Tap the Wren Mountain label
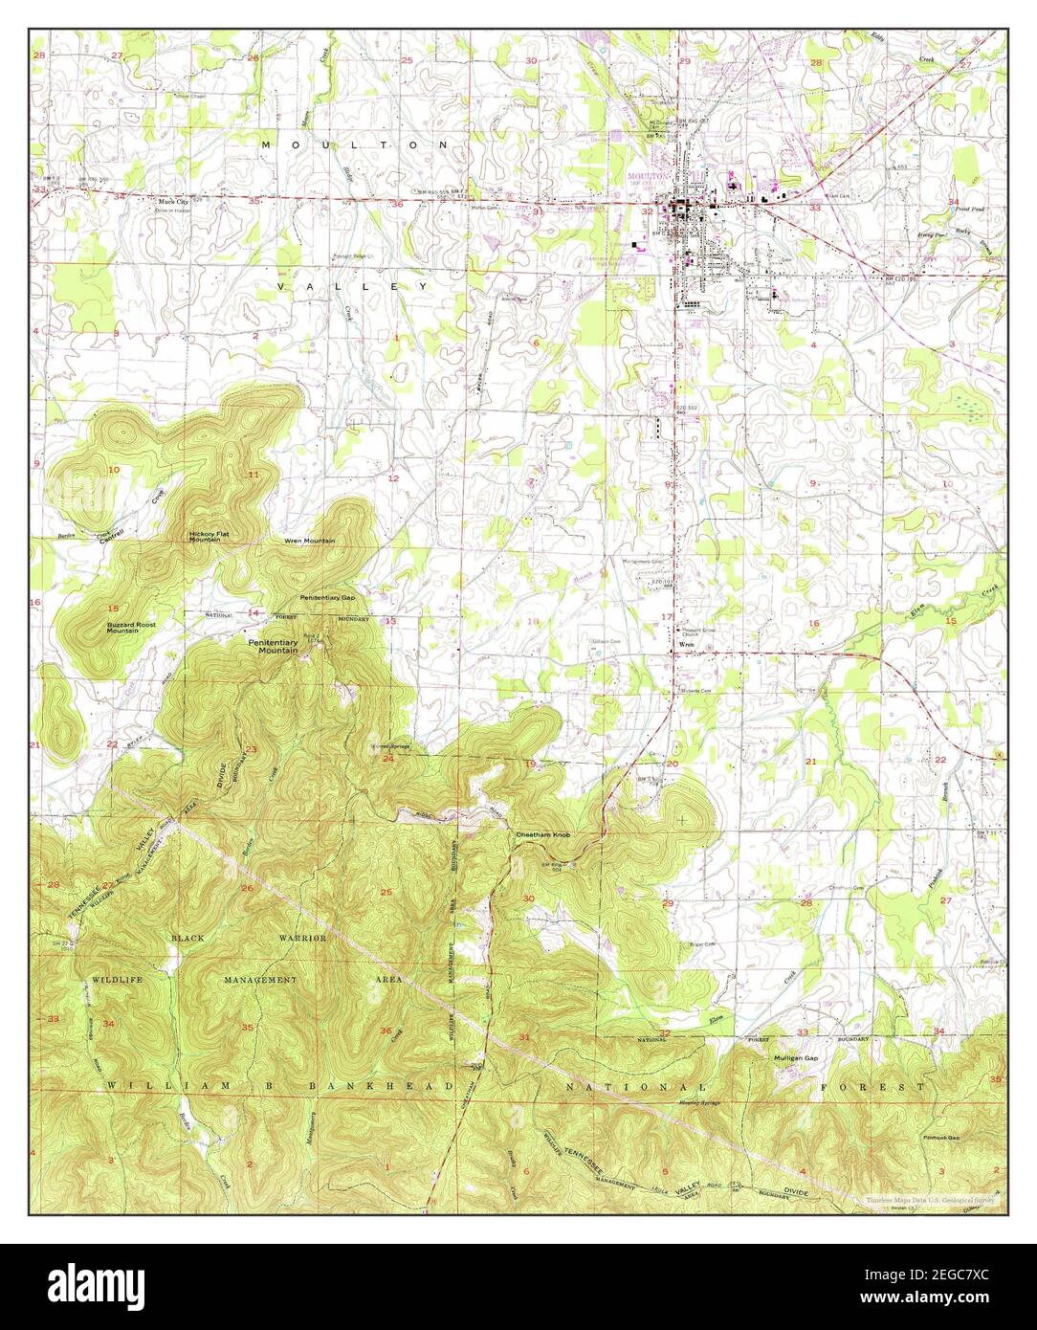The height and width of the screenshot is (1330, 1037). coord(309,541)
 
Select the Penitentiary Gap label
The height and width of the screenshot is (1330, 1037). coord(327,597)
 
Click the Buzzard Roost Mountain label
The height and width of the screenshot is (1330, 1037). coord(131,628)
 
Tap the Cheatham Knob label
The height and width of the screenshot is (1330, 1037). coord(543,835)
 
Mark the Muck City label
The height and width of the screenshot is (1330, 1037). coord(174,202)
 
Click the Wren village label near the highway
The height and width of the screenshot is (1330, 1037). coord(685,646)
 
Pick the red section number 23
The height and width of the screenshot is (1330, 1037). coord(252,749)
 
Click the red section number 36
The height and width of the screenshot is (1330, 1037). coord(386,1031)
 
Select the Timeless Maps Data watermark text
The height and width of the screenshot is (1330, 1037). coord(931,1200)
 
